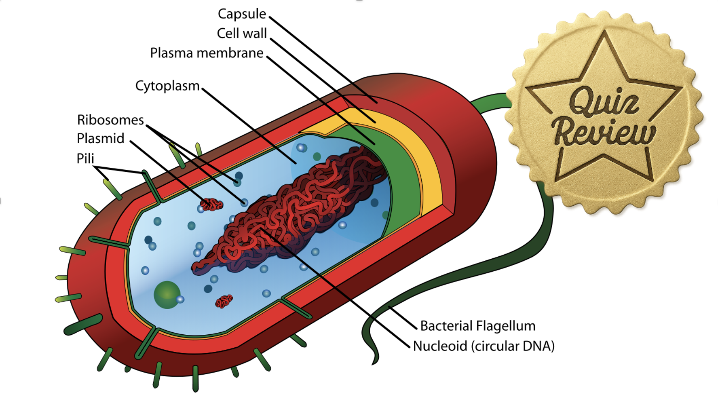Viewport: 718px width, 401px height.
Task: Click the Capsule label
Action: coord(242,14)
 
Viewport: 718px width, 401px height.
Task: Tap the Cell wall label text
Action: coord(242,34)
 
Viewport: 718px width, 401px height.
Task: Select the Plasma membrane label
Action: coord(207,53)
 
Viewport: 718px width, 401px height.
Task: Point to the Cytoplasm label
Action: coord(167,86)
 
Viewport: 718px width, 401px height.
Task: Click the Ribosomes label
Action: coord(110,120)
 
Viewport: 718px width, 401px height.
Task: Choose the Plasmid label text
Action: coord(101,139)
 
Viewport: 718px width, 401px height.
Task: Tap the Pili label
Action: coord(85,158)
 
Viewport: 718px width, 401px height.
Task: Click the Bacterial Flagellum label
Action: coord(478,326)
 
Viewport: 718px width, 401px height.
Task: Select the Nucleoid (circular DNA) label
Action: coord(484,346)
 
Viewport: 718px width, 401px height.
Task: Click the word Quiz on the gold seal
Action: coord(604,101)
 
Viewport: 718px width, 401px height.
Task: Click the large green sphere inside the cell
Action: coord(167,295)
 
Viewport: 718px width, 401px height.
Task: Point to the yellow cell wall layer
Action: coord(429,170)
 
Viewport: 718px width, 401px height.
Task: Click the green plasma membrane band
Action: coord(400,182)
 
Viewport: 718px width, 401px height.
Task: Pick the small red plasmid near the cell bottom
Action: coord(224,301)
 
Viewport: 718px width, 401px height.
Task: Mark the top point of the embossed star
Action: coord(604,32)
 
